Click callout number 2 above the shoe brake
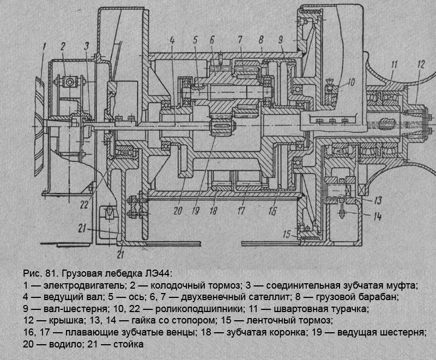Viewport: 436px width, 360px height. coord(63,46)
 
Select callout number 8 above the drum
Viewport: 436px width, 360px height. coord(262,40)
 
